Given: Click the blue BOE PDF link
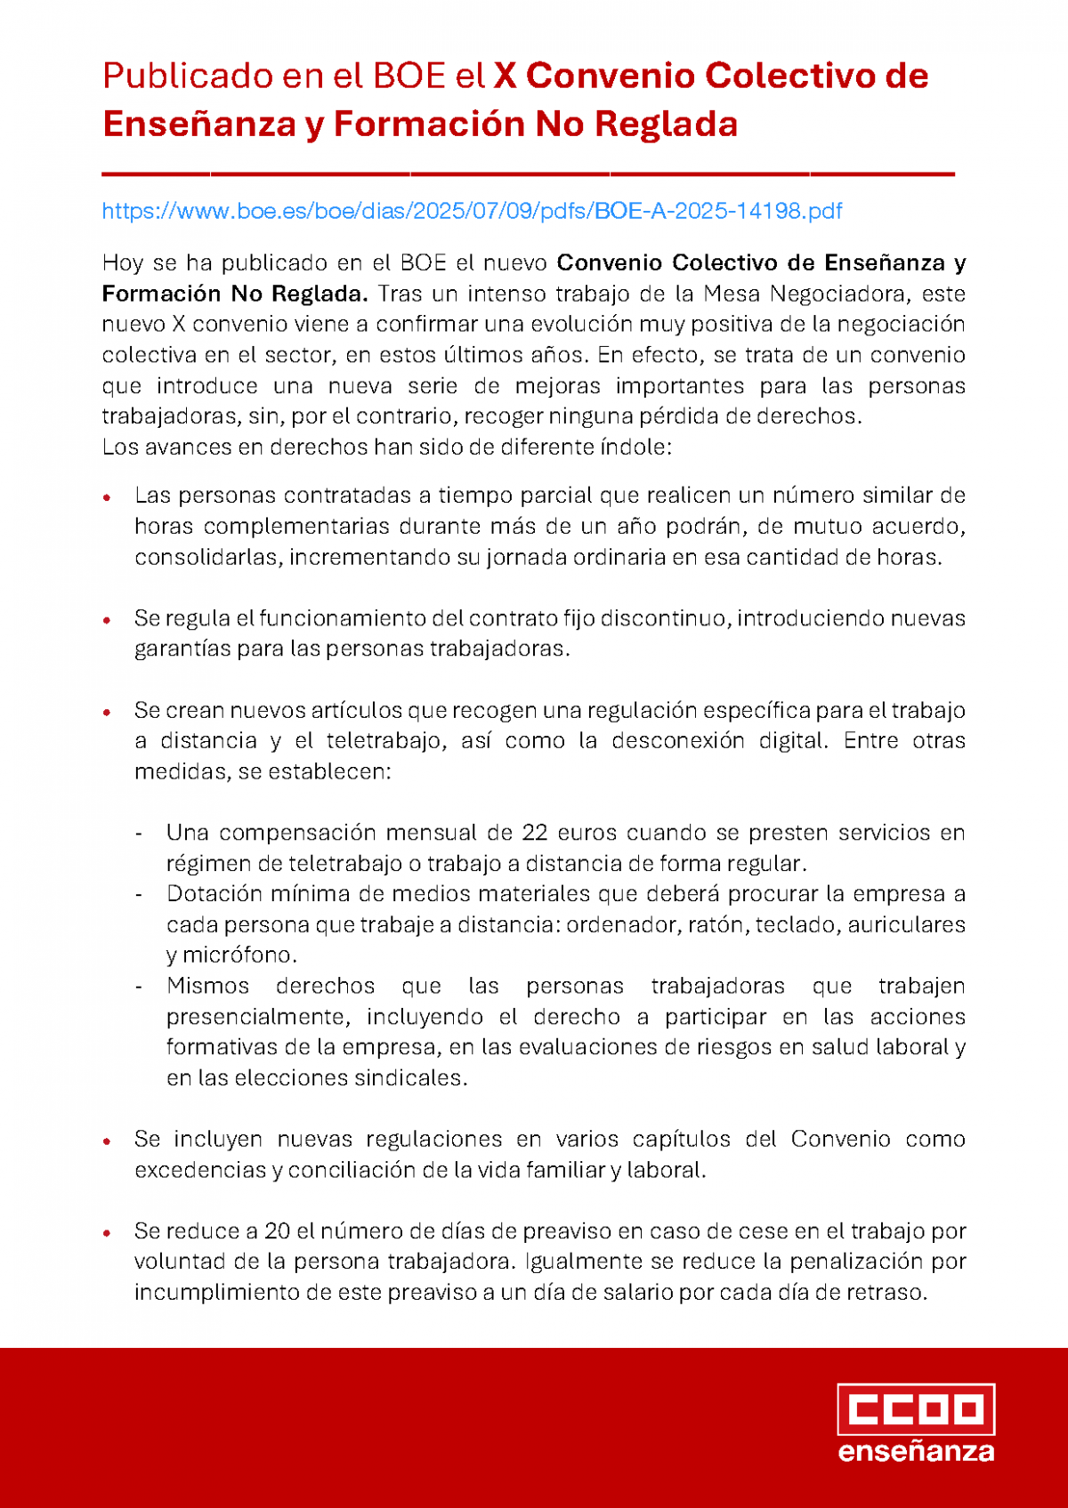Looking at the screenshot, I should point(472,211).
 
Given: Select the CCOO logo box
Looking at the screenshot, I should point(916,1409).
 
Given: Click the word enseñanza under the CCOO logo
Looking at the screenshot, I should point(916,1453).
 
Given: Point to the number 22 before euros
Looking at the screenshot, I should point(535,833).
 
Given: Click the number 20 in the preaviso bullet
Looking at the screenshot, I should point(278,1231).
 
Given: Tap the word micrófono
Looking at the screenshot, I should point(239,956).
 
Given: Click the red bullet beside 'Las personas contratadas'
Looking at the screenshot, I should point(107,496).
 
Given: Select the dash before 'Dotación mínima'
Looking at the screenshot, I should point(139,894).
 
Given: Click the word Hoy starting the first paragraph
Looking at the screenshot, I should point(123,263).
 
